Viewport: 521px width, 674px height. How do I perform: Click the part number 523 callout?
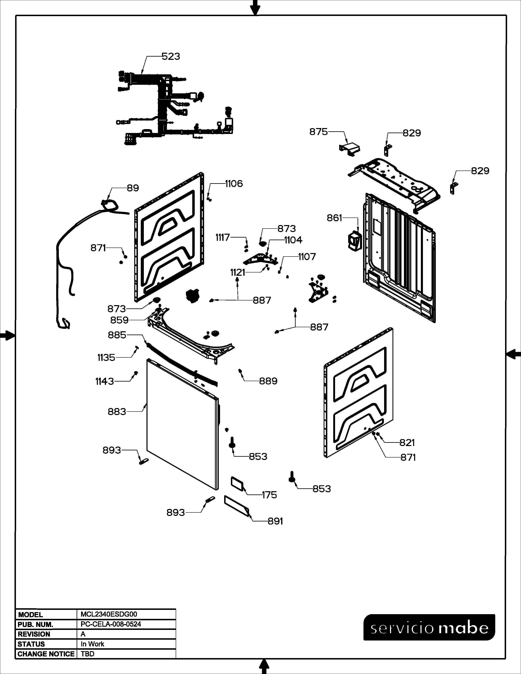(171, 57)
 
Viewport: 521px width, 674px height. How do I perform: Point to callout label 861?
(335, 218)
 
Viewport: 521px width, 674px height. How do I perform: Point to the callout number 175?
(269, 495)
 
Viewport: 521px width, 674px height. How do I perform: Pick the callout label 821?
(407, 443)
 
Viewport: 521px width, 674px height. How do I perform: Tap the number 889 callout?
(268, 381)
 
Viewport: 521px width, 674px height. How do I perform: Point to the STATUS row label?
(31, 644)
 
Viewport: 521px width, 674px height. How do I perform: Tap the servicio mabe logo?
(429, 627)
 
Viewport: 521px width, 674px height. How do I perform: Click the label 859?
(120, 320)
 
